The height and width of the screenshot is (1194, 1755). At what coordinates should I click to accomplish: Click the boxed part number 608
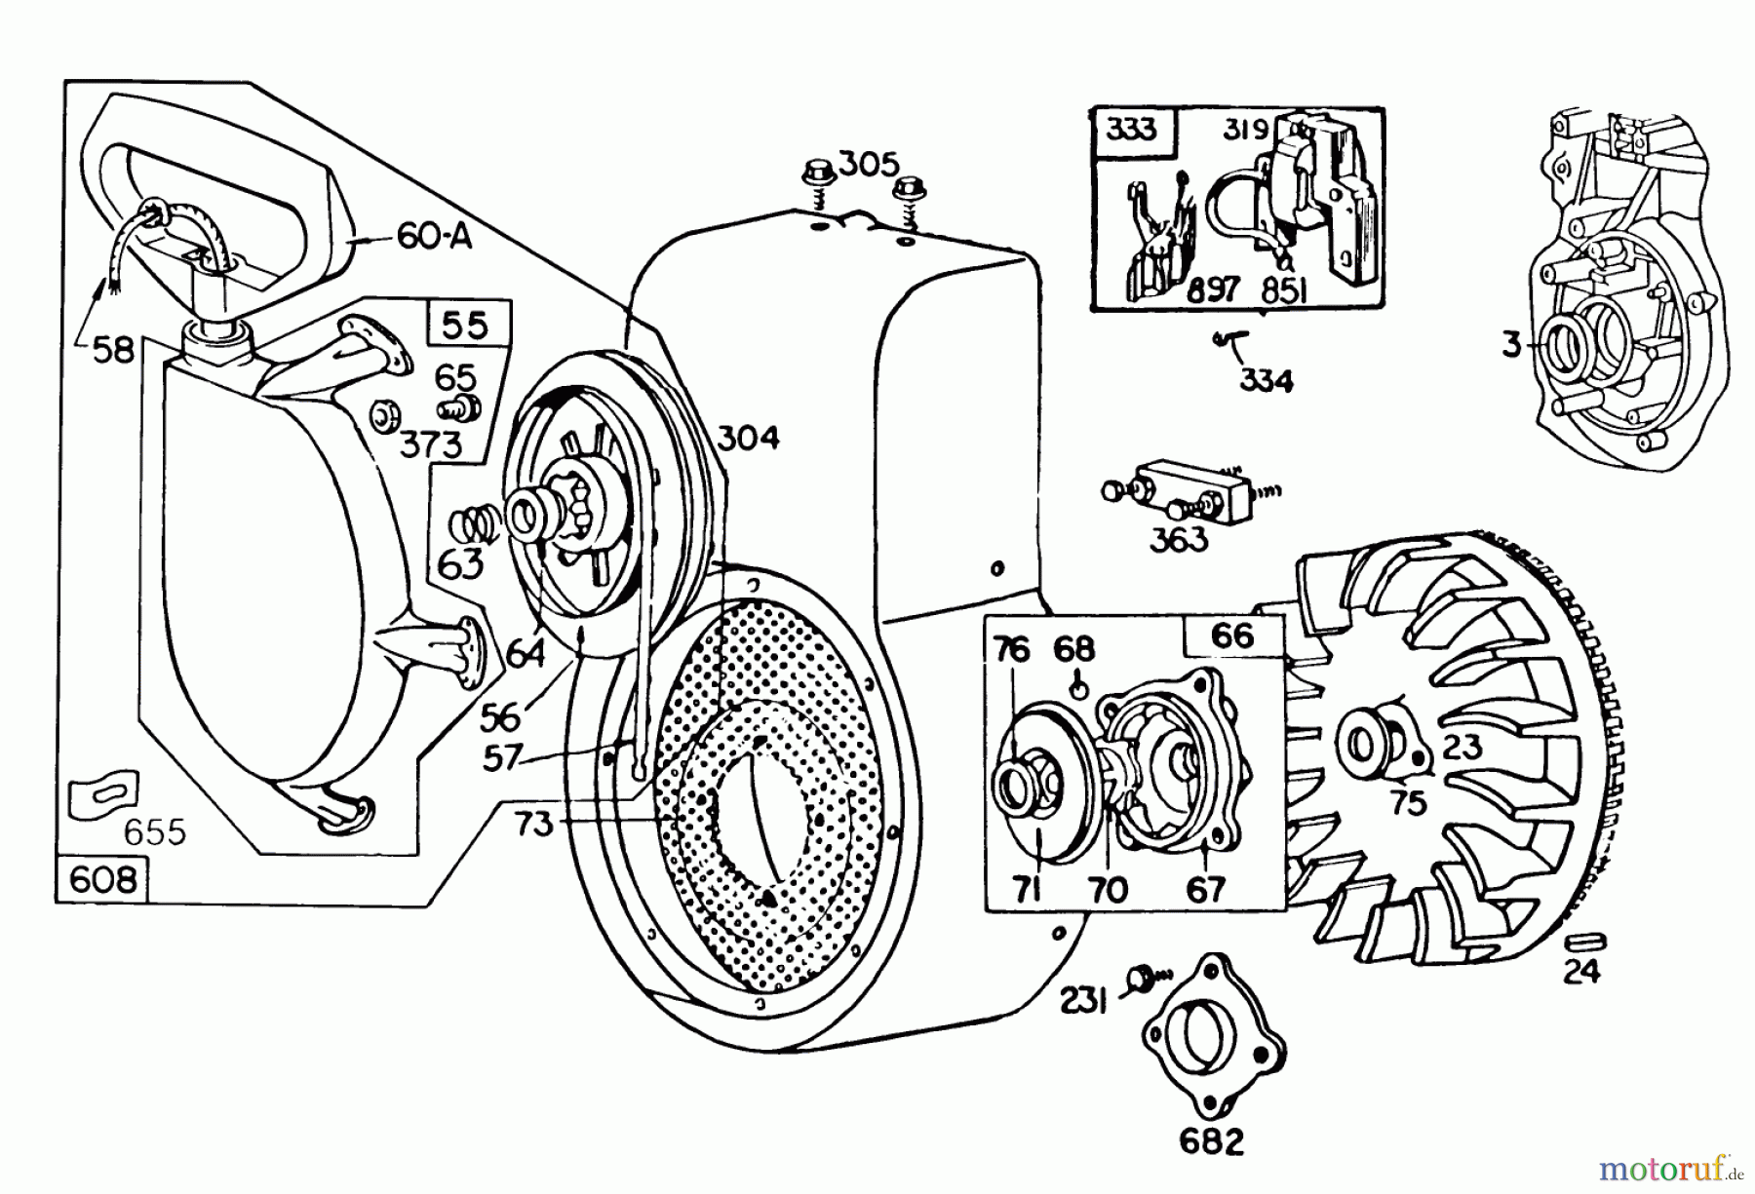(102, 879)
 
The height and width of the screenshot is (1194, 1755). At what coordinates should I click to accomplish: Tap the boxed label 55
(465, 325)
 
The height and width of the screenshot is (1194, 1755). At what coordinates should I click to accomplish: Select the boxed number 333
(1132, 130)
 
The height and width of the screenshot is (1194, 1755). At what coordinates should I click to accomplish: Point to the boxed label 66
(1231, 636)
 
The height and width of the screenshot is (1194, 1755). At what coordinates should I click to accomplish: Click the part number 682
(1211, 1141)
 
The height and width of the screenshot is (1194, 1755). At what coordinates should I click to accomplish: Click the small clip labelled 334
(1231, 339)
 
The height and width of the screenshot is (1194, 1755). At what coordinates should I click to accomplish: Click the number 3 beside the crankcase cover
(1511, 344)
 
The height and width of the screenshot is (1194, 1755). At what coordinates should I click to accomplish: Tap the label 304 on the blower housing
(748, 439)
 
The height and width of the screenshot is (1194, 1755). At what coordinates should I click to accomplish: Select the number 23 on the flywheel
(1460, 748)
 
